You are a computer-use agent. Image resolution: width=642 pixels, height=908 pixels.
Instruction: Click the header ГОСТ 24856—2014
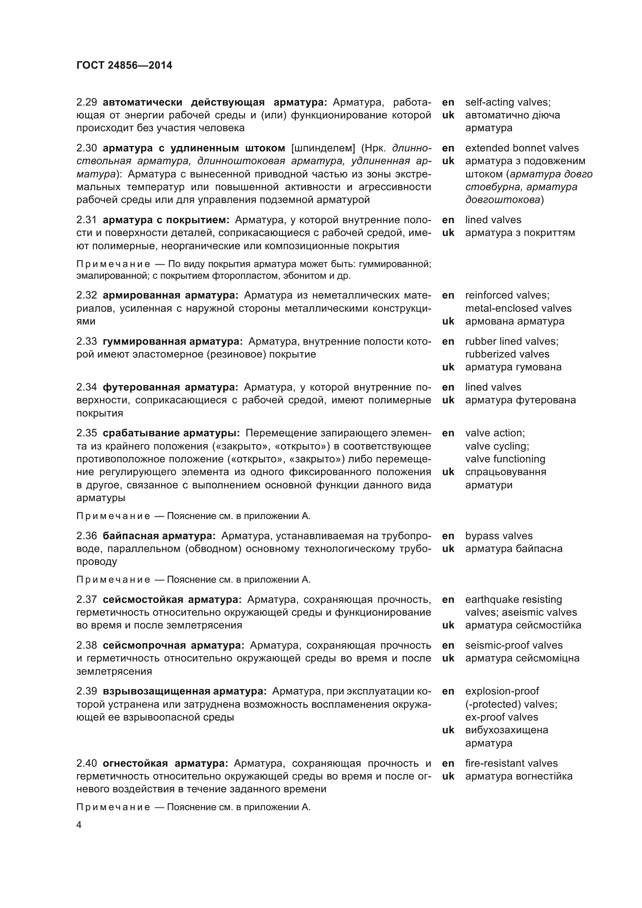coord(124,65)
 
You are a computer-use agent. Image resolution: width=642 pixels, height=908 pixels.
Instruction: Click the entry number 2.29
coord(87,102)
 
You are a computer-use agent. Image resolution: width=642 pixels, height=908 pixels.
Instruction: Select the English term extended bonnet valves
coord(521,148)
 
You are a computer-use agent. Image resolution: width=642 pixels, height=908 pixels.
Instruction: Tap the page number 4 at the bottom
coord(79,825)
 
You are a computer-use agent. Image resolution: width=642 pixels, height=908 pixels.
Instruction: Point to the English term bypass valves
coord(498,536)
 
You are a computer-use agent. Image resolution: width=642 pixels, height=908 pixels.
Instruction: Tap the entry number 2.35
coord(87,433)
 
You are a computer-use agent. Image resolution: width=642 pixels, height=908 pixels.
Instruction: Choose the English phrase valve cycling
coord(497,446)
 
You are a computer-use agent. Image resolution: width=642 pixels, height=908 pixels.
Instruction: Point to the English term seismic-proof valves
coord(514,646)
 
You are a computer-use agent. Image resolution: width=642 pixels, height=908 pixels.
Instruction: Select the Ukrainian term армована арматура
coord(514,321)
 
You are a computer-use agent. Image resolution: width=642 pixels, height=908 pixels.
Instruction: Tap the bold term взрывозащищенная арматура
coord(184,691)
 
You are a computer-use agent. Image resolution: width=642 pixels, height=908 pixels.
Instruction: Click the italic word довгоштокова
coord(502,200)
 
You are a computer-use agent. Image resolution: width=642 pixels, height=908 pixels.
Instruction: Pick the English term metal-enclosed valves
coord(518,309)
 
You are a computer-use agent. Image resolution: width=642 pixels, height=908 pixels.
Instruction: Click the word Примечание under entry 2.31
coord(113,264)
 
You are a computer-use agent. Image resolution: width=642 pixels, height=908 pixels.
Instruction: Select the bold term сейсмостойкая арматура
coord(172,599)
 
